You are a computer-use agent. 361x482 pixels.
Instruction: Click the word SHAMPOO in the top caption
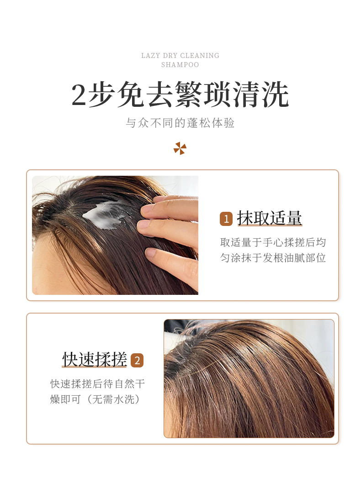[x=180, y=65]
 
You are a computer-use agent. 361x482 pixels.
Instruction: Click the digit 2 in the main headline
[x=79, y=95]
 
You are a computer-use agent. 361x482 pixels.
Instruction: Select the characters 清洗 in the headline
[x=260, y=94]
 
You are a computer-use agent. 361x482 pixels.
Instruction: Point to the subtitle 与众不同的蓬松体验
[x=180, y=123]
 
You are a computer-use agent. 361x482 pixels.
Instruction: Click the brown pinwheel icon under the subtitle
[x=180, y=148]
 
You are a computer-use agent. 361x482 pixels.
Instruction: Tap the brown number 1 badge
[x=226, y=219]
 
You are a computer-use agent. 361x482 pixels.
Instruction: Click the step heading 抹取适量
[x=270, y=218]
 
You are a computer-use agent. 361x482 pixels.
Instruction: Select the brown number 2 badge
[x=137, y=360]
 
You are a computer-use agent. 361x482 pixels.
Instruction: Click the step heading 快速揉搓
[x=95, y=359]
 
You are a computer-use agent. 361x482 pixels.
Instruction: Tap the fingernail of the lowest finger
[x=151, y=253]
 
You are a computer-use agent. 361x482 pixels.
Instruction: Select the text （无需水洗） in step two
[x=114, y=399]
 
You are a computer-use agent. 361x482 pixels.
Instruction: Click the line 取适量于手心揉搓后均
[x=273, y=242]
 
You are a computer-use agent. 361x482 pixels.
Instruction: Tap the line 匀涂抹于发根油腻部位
[x=273, y=257]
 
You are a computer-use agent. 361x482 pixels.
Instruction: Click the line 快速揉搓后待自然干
[x=97, y=383]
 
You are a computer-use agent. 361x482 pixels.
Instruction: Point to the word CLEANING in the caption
[x=200, y=56]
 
